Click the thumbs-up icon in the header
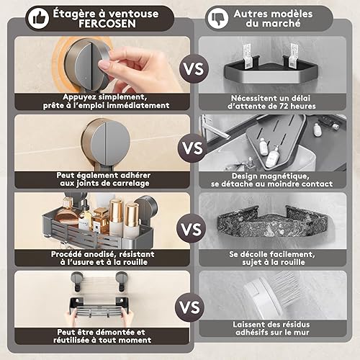tap(38, 18)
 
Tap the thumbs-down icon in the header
tap(218, 18)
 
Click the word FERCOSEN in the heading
tap(107, 24)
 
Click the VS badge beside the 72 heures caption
tap(194, 69)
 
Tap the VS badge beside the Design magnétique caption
tap(193, 148)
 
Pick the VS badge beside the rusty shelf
tap(192, 229)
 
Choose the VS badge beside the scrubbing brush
tap(190, 307)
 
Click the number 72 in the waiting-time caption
tap(284, 106)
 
